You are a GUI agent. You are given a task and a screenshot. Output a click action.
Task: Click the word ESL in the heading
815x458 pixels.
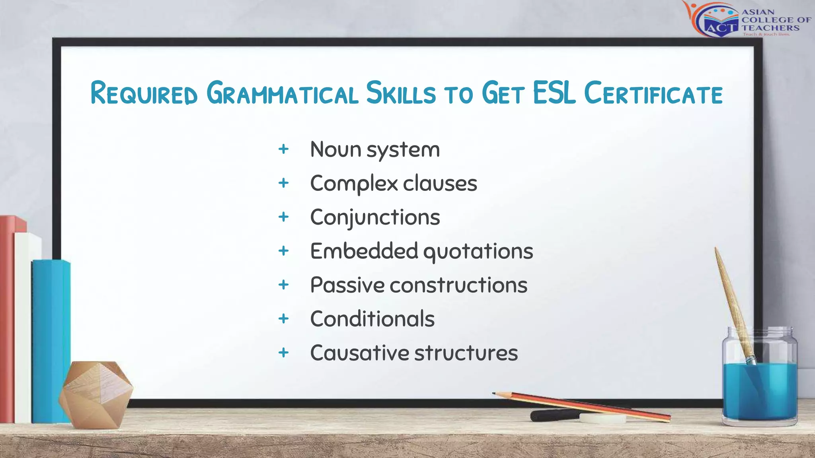(x=554, y=93)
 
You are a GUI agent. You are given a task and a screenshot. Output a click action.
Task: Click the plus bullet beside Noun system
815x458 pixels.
(x=283, y=149)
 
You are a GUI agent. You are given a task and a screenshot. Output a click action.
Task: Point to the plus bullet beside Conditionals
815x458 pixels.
(x=283, y=318)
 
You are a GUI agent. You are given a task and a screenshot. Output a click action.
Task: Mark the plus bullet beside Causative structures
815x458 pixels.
(x=283, y=352)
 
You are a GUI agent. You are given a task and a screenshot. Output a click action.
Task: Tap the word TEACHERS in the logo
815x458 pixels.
(x=770, y=28)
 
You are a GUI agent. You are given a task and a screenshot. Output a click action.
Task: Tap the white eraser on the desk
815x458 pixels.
(x=602, y=418)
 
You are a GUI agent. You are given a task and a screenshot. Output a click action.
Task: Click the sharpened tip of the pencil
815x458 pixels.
(x=494, y=394)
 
